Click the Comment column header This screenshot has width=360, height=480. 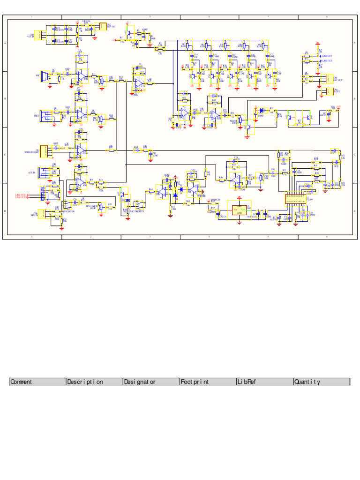coord(37,382)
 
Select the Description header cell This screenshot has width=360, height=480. coord(94,382)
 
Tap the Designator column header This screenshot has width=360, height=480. coord(151,382)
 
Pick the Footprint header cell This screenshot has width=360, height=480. coord(208,382)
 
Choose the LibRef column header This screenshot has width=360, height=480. coord(265,382)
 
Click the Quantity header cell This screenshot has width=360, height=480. coord(322,382)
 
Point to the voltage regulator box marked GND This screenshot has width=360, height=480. coord(239,210)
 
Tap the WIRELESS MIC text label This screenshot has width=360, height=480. coord(32,152)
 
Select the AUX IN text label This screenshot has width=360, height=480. coord(31,173)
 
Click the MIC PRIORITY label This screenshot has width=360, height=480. coord(137,212)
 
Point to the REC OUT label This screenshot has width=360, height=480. coord(337,80)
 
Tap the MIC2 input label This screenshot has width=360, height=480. coord(36,115)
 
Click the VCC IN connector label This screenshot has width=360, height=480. coord(32,36)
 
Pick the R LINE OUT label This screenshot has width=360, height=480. coord(327,61)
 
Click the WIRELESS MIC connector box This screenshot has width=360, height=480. coord(44,151)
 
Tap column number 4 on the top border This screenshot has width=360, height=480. coord(209,17)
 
